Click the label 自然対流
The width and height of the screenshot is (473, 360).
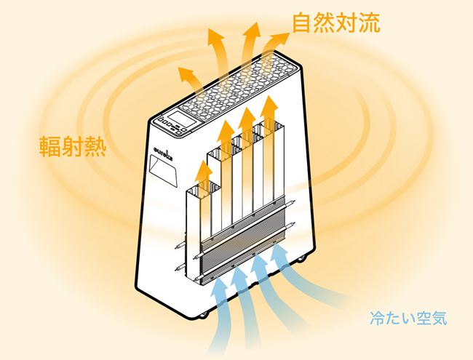point(336,23)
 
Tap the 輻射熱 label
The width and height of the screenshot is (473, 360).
point(73,146)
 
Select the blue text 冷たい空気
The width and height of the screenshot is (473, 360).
point(408,319)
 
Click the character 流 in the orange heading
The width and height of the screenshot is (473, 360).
point(370,23)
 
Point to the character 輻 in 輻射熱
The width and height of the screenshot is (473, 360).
point(50,146)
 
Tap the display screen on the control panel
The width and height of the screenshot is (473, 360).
point(181,119)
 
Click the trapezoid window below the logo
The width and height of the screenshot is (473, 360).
point(163,170)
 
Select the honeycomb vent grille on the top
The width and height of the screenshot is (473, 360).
point(238,85)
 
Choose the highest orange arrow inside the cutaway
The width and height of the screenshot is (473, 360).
point(269,115)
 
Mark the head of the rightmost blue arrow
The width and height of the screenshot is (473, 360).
point(280,252)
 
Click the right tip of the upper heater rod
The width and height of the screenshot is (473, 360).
point(294,201)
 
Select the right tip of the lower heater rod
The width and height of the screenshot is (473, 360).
point(294,223)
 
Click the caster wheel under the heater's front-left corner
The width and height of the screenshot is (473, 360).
point(203,315)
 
